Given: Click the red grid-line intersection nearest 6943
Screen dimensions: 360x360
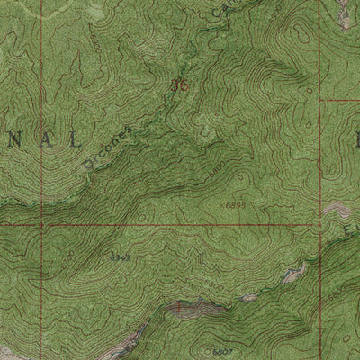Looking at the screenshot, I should pos(40,224).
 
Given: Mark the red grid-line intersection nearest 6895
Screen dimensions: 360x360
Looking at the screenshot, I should pos(320,224).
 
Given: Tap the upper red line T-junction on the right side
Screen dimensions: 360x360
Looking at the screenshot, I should pos(320,101).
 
